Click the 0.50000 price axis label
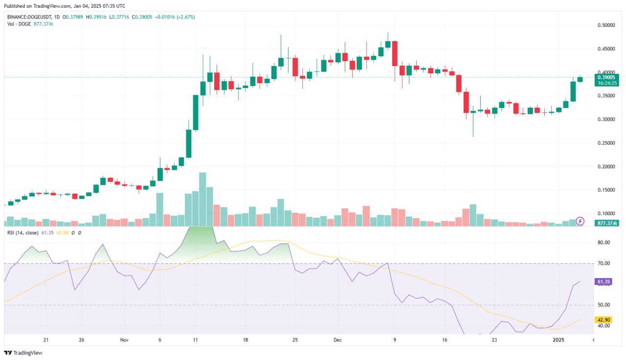[608, 25]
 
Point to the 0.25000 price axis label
[608, 143]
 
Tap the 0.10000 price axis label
[608, 214]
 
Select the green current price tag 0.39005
[607, 77]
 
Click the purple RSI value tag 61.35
[603, 282]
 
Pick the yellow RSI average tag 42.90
[603, 320]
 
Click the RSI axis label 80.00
[604, 243]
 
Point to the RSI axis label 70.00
[604, 264]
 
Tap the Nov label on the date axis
[124, 339]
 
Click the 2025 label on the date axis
[558, 339]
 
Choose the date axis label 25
[295, 339]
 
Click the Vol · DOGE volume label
[19, 23]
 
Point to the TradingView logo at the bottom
[23, 353]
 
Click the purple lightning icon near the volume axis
[580, 221]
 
